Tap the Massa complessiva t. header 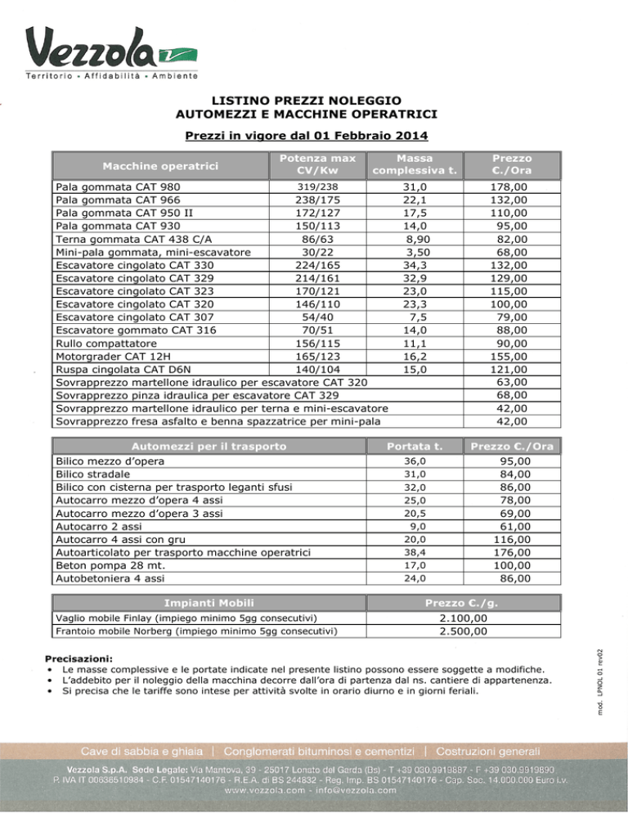[413, 164]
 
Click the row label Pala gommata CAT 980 [117, 187]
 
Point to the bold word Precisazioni [79, 658]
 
